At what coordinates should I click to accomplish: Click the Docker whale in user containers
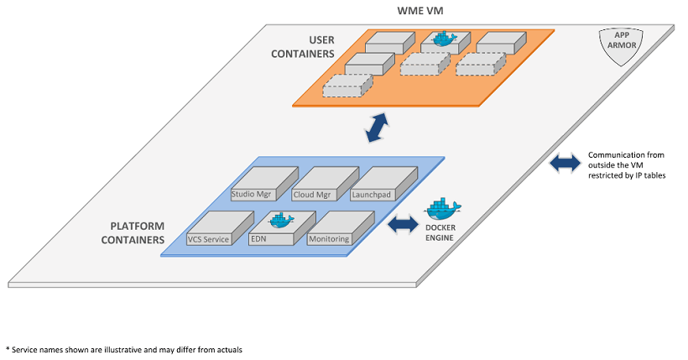441,39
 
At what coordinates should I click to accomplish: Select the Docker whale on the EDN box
281,220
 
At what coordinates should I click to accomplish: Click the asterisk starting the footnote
8,347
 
